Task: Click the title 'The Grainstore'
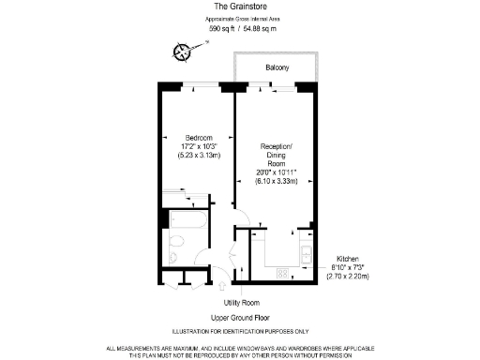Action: (x=240, y=6)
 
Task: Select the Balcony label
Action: (x=277, y=68)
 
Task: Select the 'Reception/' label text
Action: (x=277, y=146)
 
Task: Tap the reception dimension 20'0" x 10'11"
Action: (x=277, y=172)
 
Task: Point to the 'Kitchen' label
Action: (x=347, y=258)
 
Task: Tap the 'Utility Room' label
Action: (x=241, y=303)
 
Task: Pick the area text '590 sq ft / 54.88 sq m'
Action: (x=240, y=29)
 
